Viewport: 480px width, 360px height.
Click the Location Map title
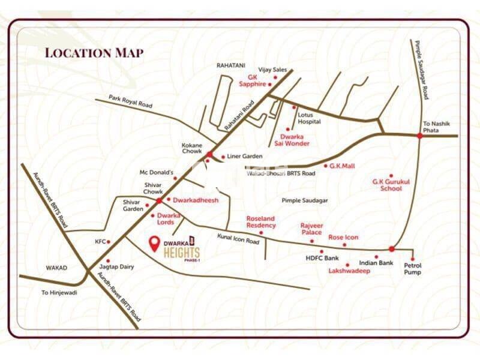pyautogui.click(x=94, y=52)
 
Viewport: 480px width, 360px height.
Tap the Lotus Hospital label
pyautogui.click(x=310, y=118)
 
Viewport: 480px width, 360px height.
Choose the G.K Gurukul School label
pyautogui.click(x=387, y=184)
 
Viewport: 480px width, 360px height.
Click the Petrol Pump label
pyautogui.click(x=412, y=268)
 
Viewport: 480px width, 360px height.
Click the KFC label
pyautogui.click(x=100, y=242)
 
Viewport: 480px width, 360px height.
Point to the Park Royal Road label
pyautogui.click(x=131, y=101)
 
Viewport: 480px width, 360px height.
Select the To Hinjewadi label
pyautogui.click(x=61, y=293)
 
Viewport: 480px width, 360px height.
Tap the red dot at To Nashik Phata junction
pyautogui.click(x=419, y=136)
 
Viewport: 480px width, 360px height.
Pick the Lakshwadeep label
pyautogui.click(x=349, y=271)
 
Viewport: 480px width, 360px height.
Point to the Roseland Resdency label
pyautogui.click(x=261, y=221)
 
